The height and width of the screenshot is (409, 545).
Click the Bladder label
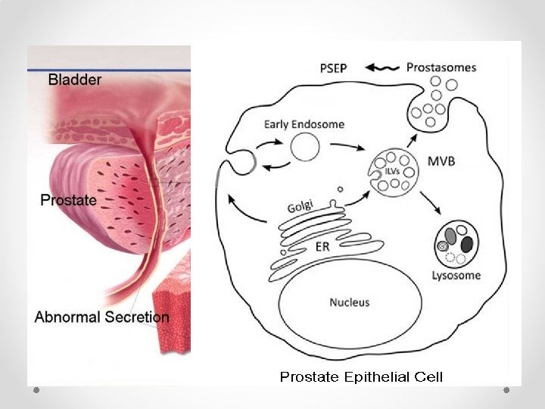click(75, 79)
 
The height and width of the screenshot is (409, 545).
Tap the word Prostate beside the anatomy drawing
click(68, 200)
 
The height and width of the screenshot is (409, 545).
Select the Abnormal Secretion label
click(101, 317)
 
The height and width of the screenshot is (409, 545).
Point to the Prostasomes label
click(441, 67)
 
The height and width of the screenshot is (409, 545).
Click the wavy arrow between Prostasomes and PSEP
click(382, 67)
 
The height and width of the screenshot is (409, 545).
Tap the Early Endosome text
click(305, 124)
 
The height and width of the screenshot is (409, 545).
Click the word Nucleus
click(349, 302)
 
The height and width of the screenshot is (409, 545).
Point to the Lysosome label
click(456, 275)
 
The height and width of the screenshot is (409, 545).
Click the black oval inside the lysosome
click(466, 243)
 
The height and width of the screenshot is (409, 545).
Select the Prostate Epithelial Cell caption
click(361, 376)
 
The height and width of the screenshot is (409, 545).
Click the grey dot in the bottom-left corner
click(36, 390)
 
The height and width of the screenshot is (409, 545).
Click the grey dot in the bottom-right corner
click(507, 390)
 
